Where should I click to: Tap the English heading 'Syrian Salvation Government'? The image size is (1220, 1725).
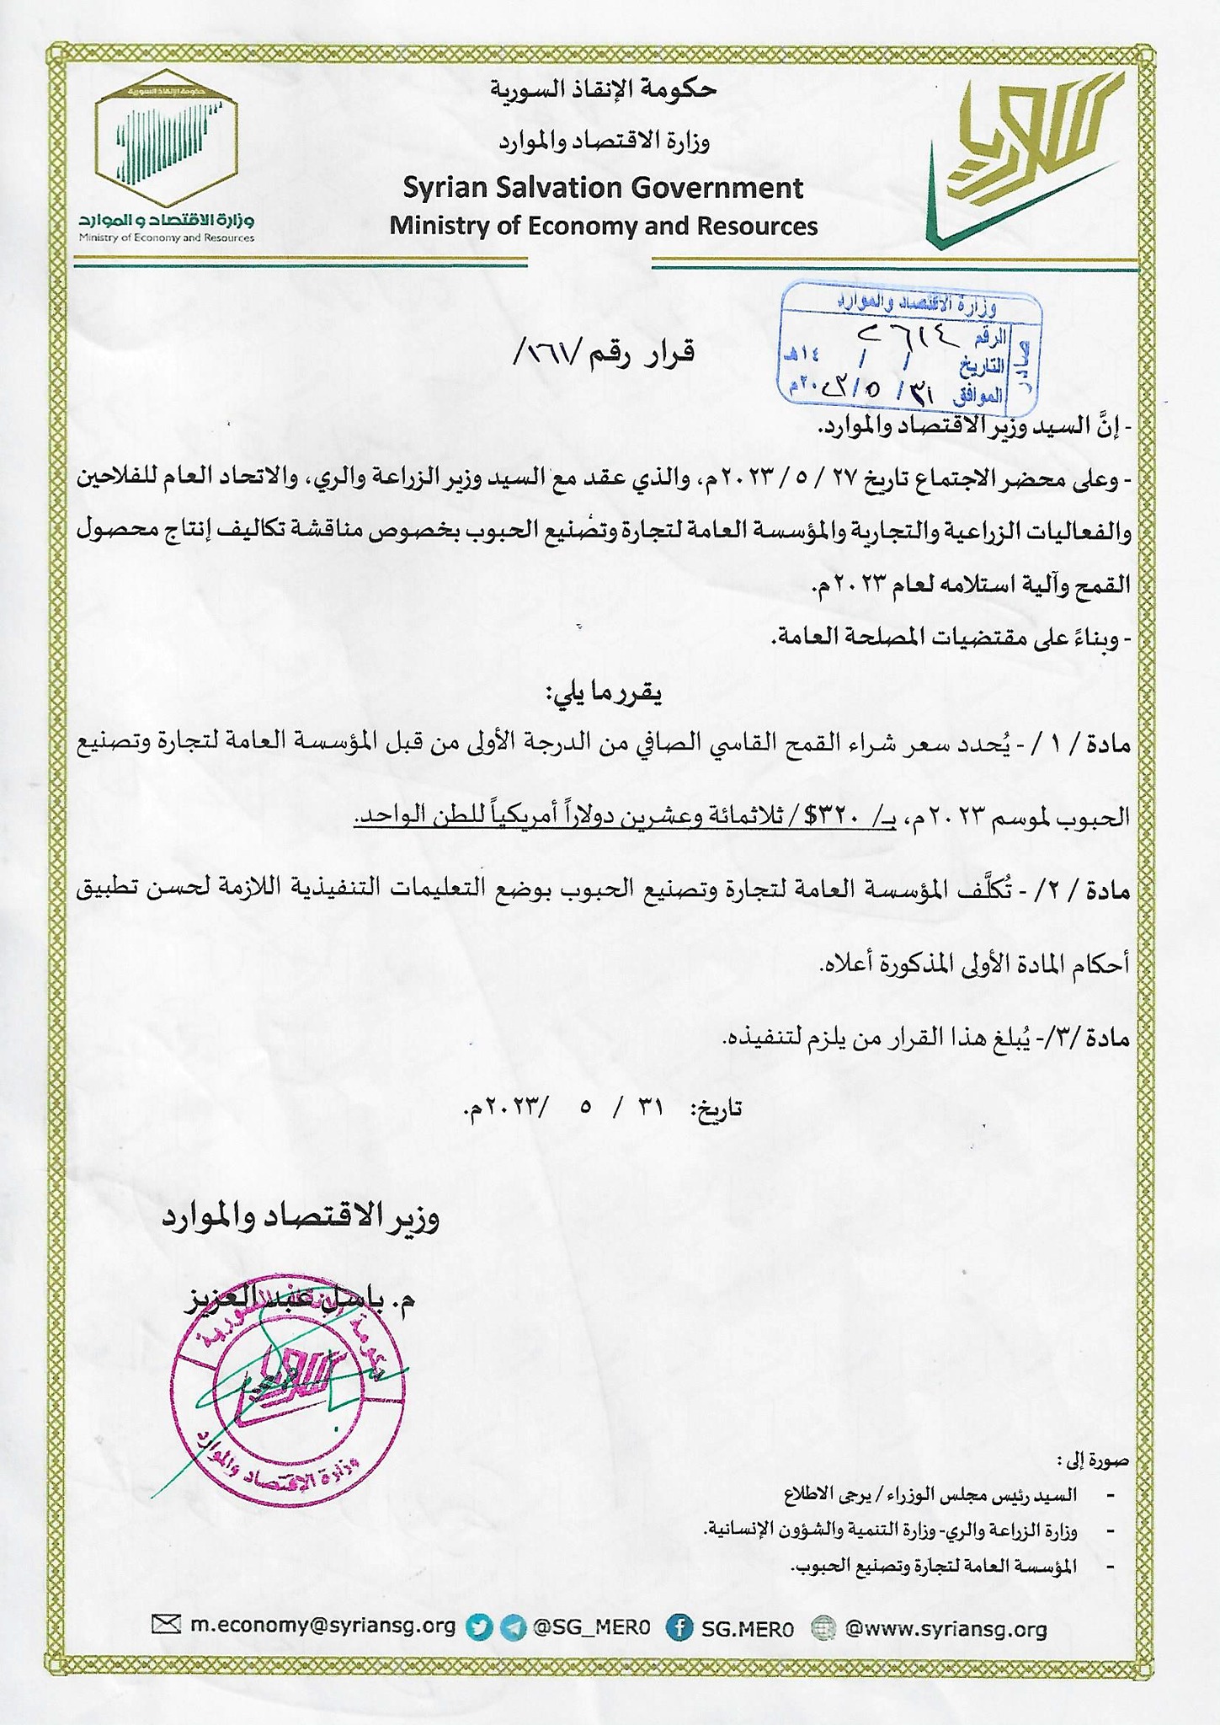[x=603, y=187]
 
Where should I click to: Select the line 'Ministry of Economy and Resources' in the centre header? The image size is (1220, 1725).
[x=603, y=226]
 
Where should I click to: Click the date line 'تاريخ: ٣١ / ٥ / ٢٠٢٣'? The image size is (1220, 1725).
[x=602, y=1108]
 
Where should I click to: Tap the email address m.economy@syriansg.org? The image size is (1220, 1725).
[x=322, y=1626]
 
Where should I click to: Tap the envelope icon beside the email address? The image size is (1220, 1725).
[x=166, y=1626]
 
